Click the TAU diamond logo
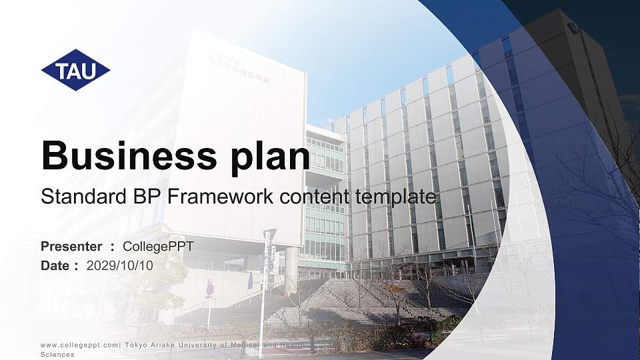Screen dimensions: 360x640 75,70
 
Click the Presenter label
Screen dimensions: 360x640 71,247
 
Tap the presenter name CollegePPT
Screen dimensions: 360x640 159,247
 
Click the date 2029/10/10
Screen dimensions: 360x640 120,265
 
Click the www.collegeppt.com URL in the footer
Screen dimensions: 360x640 79,345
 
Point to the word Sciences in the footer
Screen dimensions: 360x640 57,355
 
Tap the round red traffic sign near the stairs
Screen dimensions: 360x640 209,291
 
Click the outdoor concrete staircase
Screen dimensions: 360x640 347,300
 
